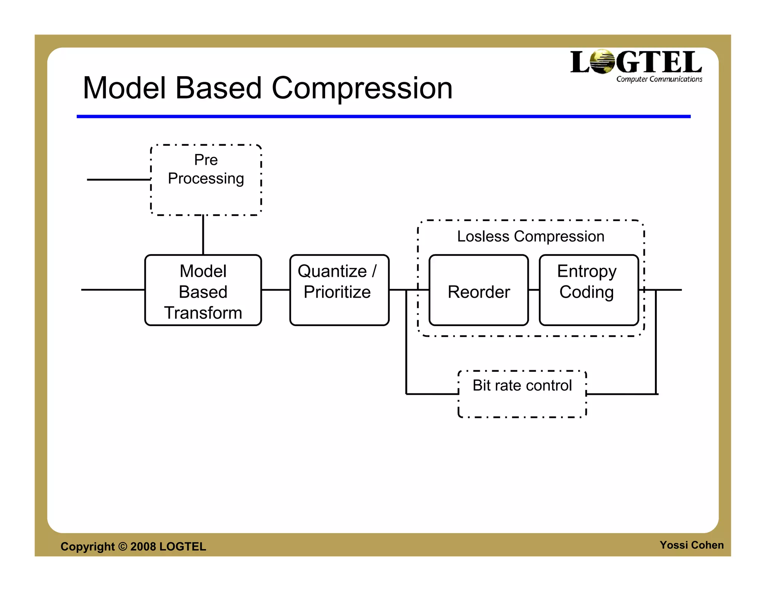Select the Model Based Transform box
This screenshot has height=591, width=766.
point(203,290)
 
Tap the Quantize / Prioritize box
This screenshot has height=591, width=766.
point(339,290)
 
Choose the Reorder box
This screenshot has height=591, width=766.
point(479,291)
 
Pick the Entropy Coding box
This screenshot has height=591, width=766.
point(588,290)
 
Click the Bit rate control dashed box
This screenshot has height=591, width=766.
point(522,394)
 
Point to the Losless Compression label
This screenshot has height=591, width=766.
point(530,236)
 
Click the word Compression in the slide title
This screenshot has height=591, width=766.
point(362,88)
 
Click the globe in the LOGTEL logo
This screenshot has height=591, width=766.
point(602,62)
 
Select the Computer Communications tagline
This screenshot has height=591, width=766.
point(659,79)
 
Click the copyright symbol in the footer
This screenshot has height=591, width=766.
point(123,546)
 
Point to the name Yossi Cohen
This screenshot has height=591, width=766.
point(691,545)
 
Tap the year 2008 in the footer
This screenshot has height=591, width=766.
point(143,547)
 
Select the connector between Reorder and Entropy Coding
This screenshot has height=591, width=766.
point(534,290)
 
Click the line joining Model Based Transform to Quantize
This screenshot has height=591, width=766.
point(275,290)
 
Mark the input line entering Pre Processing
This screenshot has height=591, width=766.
point(118,180)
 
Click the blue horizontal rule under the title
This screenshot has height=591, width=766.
point(383,117)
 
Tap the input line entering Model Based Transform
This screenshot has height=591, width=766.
point(113,290)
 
